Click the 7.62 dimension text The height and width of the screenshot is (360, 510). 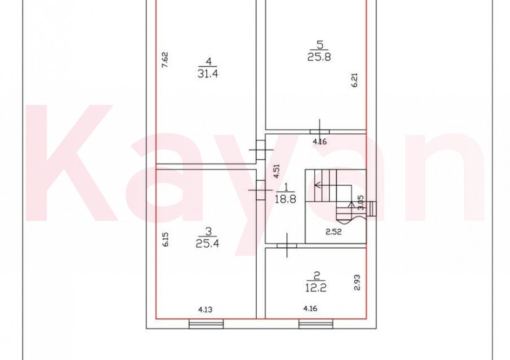pyautogui.click(x=164, y=60)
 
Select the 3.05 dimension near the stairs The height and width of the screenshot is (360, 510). pyautogui.click(x=361, y=204)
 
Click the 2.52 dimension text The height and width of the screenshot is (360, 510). pyautogui.click(x=334, y=232)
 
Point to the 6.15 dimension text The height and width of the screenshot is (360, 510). pyautogui.click(x=164, y=239)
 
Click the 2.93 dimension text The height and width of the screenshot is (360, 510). pyautogui.click(x=357, y=282)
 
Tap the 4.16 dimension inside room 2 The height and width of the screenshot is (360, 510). pyautogui.click(x=311, y=309)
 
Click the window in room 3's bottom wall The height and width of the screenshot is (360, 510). pyautogui.click(x=206, y=324)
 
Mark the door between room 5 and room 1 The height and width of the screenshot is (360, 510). pyautogui.click(x=320, y=130)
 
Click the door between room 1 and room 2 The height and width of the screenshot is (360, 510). pyautogui.click(x=286, y=245)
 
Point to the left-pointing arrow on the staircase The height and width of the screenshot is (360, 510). pyautogui.click(x=319, y=183)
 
